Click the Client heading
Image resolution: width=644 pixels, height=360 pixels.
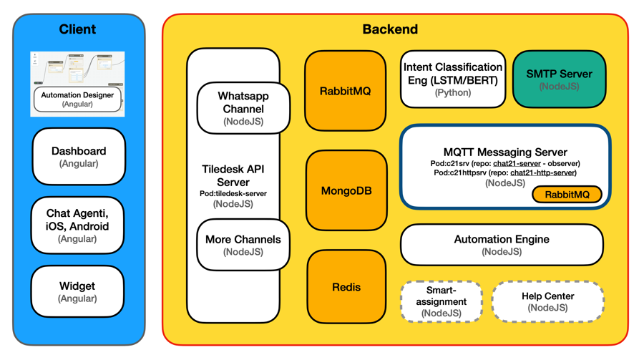[x=77, y=29]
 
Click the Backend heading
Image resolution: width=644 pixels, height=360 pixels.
[x=390, y=29]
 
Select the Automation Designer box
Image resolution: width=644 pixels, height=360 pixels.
[x=77, y=99]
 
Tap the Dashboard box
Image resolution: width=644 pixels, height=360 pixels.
[x=79, y=157]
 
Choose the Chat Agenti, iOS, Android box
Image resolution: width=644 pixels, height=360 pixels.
[x=78, y=225]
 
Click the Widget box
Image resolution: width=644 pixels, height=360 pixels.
[x=77, y=291]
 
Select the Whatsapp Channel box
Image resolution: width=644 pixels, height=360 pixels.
[x=243, y=108]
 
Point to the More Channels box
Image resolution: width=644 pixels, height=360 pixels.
[x=243, y=245]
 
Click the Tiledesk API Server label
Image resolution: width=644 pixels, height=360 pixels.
[x=234, y=176]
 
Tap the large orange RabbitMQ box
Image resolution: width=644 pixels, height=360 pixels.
[x=346, y=91]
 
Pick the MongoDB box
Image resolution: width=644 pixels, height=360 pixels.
[x=346, y=191]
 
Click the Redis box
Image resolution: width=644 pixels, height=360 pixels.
[x=346, y=287]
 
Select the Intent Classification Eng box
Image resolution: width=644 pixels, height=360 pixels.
[x=453, y=79]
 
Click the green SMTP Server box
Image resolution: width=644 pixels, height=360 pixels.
[x=559, y=79]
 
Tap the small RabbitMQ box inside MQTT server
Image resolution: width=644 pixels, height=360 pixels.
[x=567, y=195]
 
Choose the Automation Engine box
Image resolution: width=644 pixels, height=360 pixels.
[x=502, y=245]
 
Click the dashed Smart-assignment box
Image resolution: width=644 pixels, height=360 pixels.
[x=441, y=301]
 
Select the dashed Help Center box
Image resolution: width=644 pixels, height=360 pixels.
[x=548, y=301]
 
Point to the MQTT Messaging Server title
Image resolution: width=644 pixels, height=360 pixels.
[x=505, y=152]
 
